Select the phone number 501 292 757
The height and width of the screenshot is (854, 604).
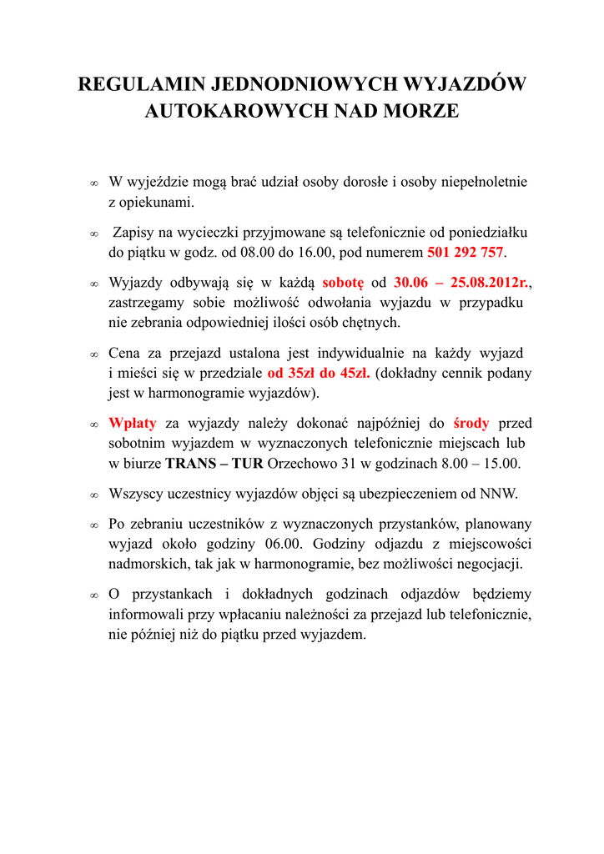pyautogui.click(x=466, y=252)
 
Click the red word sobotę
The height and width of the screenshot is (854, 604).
pyautogui.click(x=343, y=284)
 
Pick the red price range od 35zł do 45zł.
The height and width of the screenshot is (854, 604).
pyautogui.click(x=319, y=373)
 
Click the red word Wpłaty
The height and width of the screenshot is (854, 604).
pyautogui.click(x=133, y=423)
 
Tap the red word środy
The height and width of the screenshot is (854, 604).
pyautogui.click(x=471, y=423)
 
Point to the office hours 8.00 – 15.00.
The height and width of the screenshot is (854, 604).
pyautogui.click(x=481, y=463)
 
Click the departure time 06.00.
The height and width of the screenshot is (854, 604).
pyautogui.click(x=279, y=544)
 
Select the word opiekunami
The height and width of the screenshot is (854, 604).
pyautogui.click(x=151, y=202)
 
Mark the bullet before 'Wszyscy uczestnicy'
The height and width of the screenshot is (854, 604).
pyautogui.click(x=93, y=495)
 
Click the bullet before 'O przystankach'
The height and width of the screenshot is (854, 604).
pyautogui.click(x=93, y=596)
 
